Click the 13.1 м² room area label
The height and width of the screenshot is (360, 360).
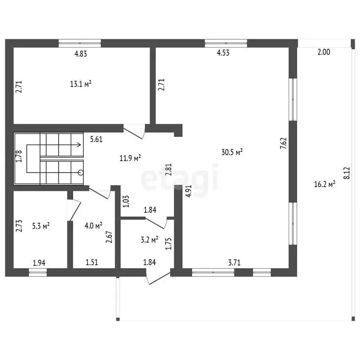tap(81, 84)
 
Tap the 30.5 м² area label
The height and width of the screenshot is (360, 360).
tap(232, 152)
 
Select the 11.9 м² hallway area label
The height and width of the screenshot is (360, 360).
tap(130, 158)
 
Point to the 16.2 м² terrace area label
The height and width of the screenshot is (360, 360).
tap(325, 184)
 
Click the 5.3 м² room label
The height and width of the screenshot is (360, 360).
tap(41, 226)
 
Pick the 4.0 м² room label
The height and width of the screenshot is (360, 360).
tap(93, 225)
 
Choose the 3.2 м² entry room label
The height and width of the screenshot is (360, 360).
tap(150, 240)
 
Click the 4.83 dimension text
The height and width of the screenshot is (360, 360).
tap(81, 54)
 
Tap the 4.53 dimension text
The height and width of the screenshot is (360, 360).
tap(223, 52)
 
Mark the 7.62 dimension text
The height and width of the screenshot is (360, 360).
tap(284, 143)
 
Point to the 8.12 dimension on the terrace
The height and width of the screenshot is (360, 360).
tap(347, 173)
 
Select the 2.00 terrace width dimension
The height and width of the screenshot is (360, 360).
tap(324, 52)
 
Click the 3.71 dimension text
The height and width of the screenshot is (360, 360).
tap(234, 262)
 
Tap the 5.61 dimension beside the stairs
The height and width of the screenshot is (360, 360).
tap(96, 139)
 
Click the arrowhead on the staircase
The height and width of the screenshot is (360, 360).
tap(79, 145)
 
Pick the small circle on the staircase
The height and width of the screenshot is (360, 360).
tap(81, 172)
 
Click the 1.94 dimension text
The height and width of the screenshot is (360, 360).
tap(39, 262)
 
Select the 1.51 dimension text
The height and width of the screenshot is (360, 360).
tap(92, 262)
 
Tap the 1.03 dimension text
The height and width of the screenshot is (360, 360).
tap(126, 202)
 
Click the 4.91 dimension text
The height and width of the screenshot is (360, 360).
tap(188, 191)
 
